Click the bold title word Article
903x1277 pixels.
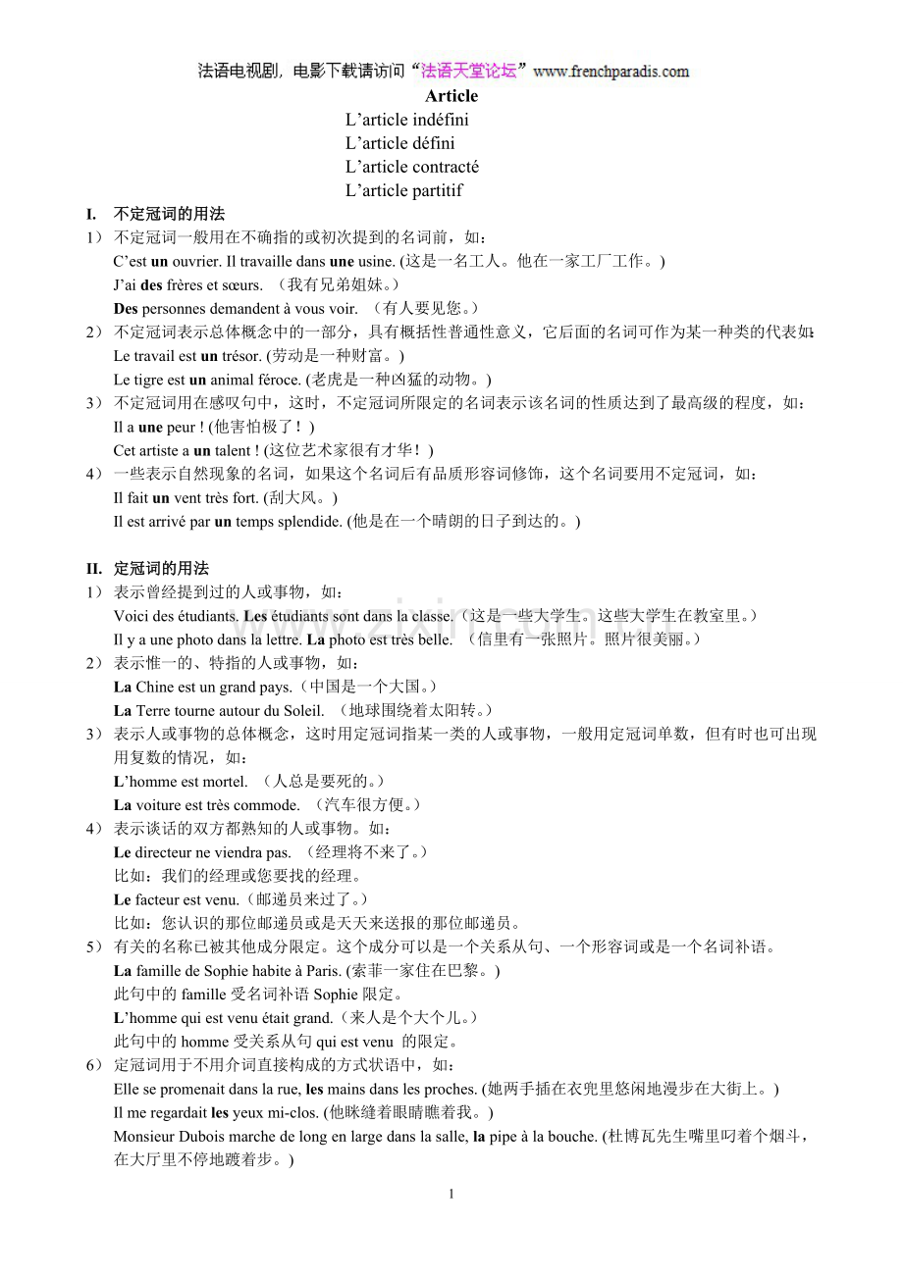pyautogui.click(x=451, y=96)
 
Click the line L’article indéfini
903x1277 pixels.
pyautogui.click(x=406, y=120)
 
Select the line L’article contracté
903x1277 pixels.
pyautogui.click(x=411, y=167)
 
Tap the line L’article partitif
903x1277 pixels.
pyautogui.click(x=403, y=190)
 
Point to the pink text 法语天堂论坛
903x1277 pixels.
pyautogui.click(x=468, y=71)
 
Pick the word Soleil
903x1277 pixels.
pyautogui.click(x=300, y=710)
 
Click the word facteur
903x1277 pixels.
pyautogui.click(x=158, y=899)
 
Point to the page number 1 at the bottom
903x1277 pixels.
pyautogui.click(x=451, y=1195)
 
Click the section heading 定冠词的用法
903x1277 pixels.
pyautogui.click(x=161, y=569)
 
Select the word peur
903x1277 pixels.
pyautogui.click(x=182, y=427)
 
